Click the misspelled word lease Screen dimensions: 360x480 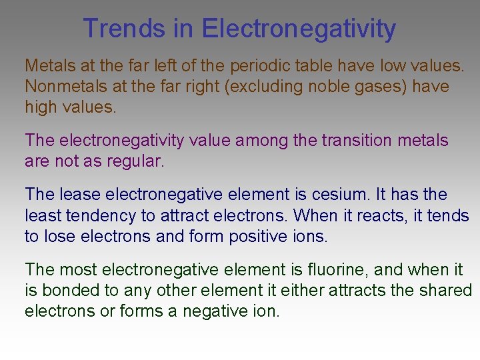coord(78,195)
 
